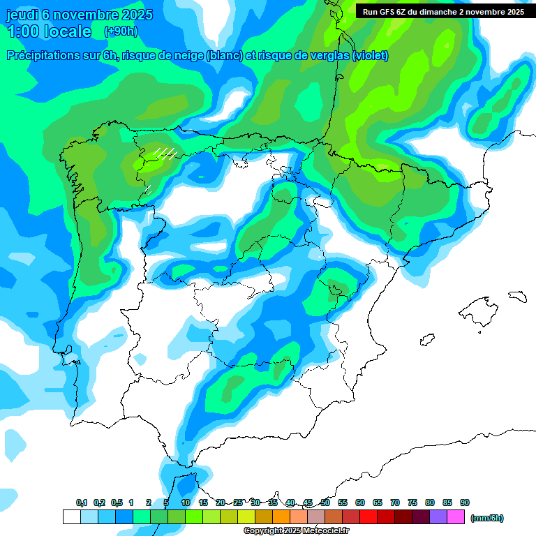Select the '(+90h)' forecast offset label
121,31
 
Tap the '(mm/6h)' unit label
486,518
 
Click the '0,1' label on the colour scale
81,502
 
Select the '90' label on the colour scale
465,502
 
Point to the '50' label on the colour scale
325,502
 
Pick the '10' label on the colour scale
186,502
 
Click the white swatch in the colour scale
71,517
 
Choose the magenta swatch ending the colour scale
456,517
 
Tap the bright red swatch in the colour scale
368,517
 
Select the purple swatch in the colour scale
438,517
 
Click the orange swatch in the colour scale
281,517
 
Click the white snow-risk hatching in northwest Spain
165,153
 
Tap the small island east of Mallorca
516,296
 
